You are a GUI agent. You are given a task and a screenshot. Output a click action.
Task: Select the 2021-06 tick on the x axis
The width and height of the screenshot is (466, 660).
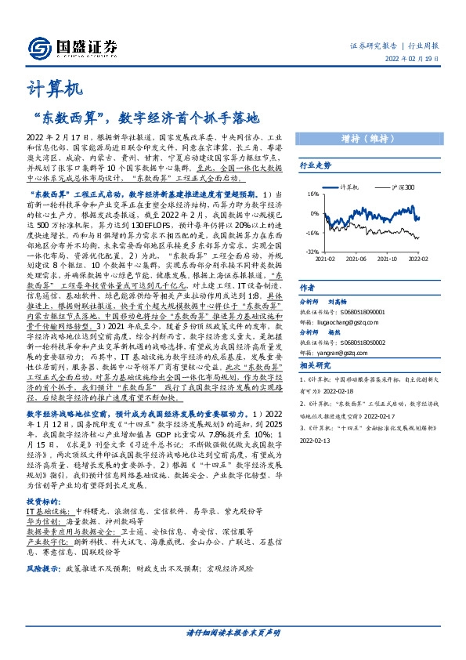(x=356, y=257)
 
